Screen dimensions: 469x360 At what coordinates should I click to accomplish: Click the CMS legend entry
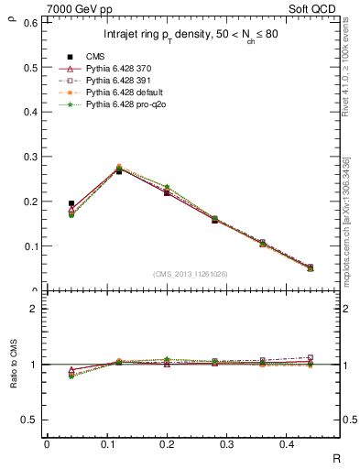[x=96, y=57]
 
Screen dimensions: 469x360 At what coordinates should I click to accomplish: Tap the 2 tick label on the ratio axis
[x=35, y=309]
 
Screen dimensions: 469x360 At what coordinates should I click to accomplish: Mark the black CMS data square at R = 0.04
[x=71, y=203]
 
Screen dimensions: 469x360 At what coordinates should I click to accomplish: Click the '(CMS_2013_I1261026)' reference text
[x=191, y=274]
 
